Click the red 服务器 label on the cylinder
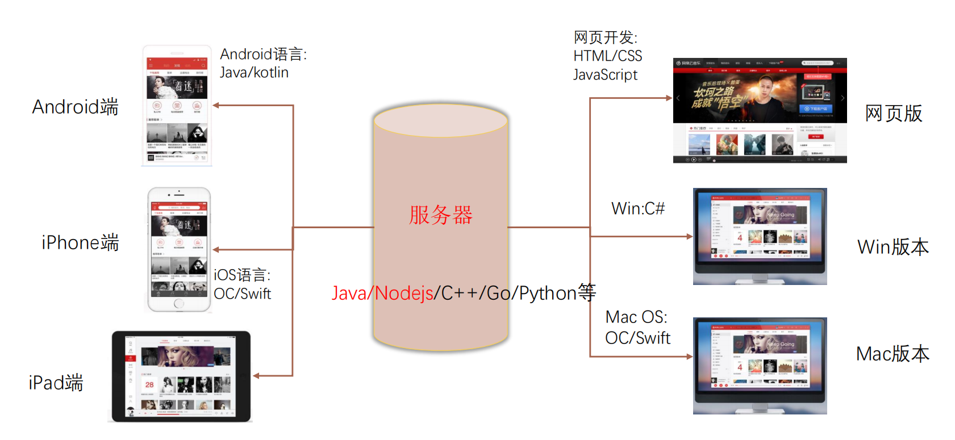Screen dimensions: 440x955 tap(441, 215)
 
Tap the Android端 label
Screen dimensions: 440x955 tap(75, 107)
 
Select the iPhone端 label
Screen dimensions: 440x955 tap(80, 242)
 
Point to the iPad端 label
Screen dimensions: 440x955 tap(56, 383)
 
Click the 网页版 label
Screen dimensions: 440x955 tap(893, 114)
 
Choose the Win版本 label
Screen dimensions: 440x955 tap(893, 247)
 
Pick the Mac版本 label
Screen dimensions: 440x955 tap(892, 354)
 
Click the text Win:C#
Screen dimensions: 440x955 tap(637, 208)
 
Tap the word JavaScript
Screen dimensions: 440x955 tap(605, 75)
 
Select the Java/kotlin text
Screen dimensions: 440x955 tap(254, 73)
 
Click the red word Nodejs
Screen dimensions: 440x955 tap(404, 293)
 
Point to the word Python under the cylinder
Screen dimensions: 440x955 tap(548, 293)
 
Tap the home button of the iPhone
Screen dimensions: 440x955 tap(179, 303)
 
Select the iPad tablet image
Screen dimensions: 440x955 tap(181, 376)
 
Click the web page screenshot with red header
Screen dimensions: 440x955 tap(760, 111)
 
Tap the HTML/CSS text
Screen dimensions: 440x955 tap(607, 56)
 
